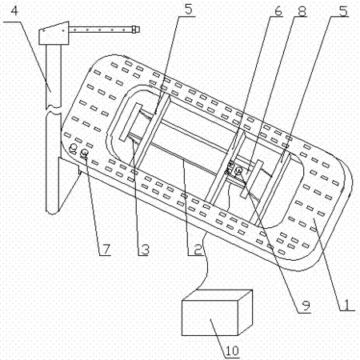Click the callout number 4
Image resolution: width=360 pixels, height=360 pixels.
pyautogui.click(x=14, y=11)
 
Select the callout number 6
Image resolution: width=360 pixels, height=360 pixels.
pyautogui.click(x=278, y=11)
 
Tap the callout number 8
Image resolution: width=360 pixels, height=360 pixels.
pyautogui.click(x=302, y=11)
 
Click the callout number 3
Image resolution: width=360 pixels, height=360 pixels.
pyautogui.click(x=145, y=249)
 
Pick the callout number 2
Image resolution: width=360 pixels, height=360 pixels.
pyautogui.click(x=198, y=249)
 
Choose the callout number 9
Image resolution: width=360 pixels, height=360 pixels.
pyautogui.click(x=306, y=306)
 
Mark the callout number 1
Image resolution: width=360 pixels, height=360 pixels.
pyautogui.click(x=347, y=304)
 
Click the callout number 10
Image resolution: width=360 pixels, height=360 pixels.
pyautogui.click(x=232, y=350)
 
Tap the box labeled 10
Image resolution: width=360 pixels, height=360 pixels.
pyautogui.click(x=217, y=313)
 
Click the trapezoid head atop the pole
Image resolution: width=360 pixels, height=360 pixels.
pyautogui.click(x=54, y=33)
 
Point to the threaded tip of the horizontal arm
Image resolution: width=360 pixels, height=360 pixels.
pyautogui.click(x=136, y=29)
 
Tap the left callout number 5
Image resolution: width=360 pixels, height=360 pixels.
pyautogui.click(x=188, y=10)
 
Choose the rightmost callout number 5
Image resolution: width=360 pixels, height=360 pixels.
pyautogui.click(x=343, y=11)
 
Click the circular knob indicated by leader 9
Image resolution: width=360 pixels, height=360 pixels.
pyautogui.click(x=238, y=170)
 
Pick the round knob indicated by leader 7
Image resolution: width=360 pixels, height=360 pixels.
pyautogui.click(x=85, y=153)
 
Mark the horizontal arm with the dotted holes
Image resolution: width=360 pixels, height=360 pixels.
pyautogui.click(x=101, y=30)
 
